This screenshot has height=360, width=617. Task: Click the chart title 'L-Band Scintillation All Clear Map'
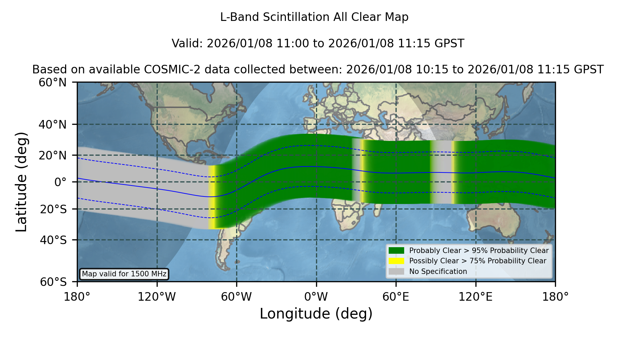(x=314, y=17)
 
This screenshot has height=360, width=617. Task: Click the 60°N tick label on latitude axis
(x=52, y=83)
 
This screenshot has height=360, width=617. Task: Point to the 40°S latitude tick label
(x=53, y=240)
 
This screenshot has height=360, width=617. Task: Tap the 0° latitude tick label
(x=60, y=182)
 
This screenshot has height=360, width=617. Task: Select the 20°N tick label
(x=52, y=155)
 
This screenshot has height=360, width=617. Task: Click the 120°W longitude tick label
(x=157, y=297)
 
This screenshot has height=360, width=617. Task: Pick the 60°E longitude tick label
(x=396, y=297)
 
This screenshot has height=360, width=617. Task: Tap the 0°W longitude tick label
(x=316, y=297)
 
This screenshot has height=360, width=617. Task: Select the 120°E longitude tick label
(x=475, y=297)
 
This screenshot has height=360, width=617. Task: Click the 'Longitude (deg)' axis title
(x=316, y=314)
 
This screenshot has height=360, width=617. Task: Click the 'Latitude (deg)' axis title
(x=21, y=182)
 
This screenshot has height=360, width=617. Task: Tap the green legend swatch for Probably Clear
(x=396, y=251)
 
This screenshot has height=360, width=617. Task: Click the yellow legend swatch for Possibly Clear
(x=396, y=261)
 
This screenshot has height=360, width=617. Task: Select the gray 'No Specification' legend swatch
(x=396, y=272)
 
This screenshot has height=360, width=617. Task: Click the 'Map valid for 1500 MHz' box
(x=124, y=274)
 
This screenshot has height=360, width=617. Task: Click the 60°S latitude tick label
(x=53, y=282)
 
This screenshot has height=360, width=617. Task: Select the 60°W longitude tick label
(x=237, y=297)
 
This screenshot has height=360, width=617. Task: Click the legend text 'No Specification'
(x=438, y=272)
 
